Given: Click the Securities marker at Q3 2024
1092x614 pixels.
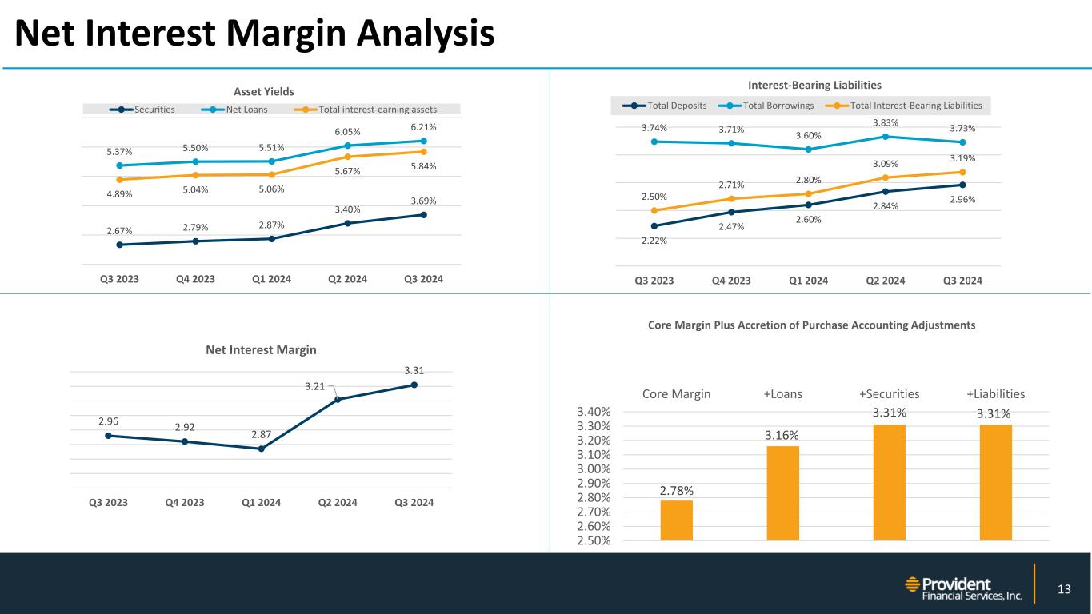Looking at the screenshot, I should pyautogui.click(x=423, y=214).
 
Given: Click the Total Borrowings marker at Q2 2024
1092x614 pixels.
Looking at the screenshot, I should pyautogui.click(x=885, y=137).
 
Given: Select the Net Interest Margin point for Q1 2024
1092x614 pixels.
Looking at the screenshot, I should pyautogui.click(x=261, y=449).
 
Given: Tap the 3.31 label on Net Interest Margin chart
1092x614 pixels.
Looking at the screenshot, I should pyautogui.click(x=414, y=370).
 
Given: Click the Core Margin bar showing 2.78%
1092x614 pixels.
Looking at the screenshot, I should pyautogui.click(x=676, y=520).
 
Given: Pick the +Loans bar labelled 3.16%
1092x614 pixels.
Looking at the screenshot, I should pyautogui.click(x=782, y=492).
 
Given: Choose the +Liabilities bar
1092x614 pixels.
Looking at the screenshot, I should pyautogui.click(x=995, y=482).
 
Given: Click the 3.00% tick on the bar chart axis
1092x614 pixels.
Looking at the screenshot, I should pyautogui.click(x=595, y=469).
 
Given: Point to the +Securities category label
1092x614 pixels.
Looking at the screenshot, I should pyautogui.click(x=889, y=394).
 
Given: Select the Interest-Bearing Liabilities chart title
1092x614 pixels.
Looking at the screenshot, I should pyautogui.click(x=814, y=85).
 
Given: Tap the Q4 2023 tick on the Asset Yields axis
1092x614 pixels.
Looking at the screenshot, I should pyautogui.click(x=195, y=280).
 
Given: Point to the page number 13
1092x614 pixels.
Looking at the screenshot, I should pyautogui.click(x=1063, y=590).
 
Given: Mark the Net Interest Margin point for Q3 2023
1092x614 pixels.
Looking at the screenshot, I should pyautogui.click(x=108, y=436).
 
